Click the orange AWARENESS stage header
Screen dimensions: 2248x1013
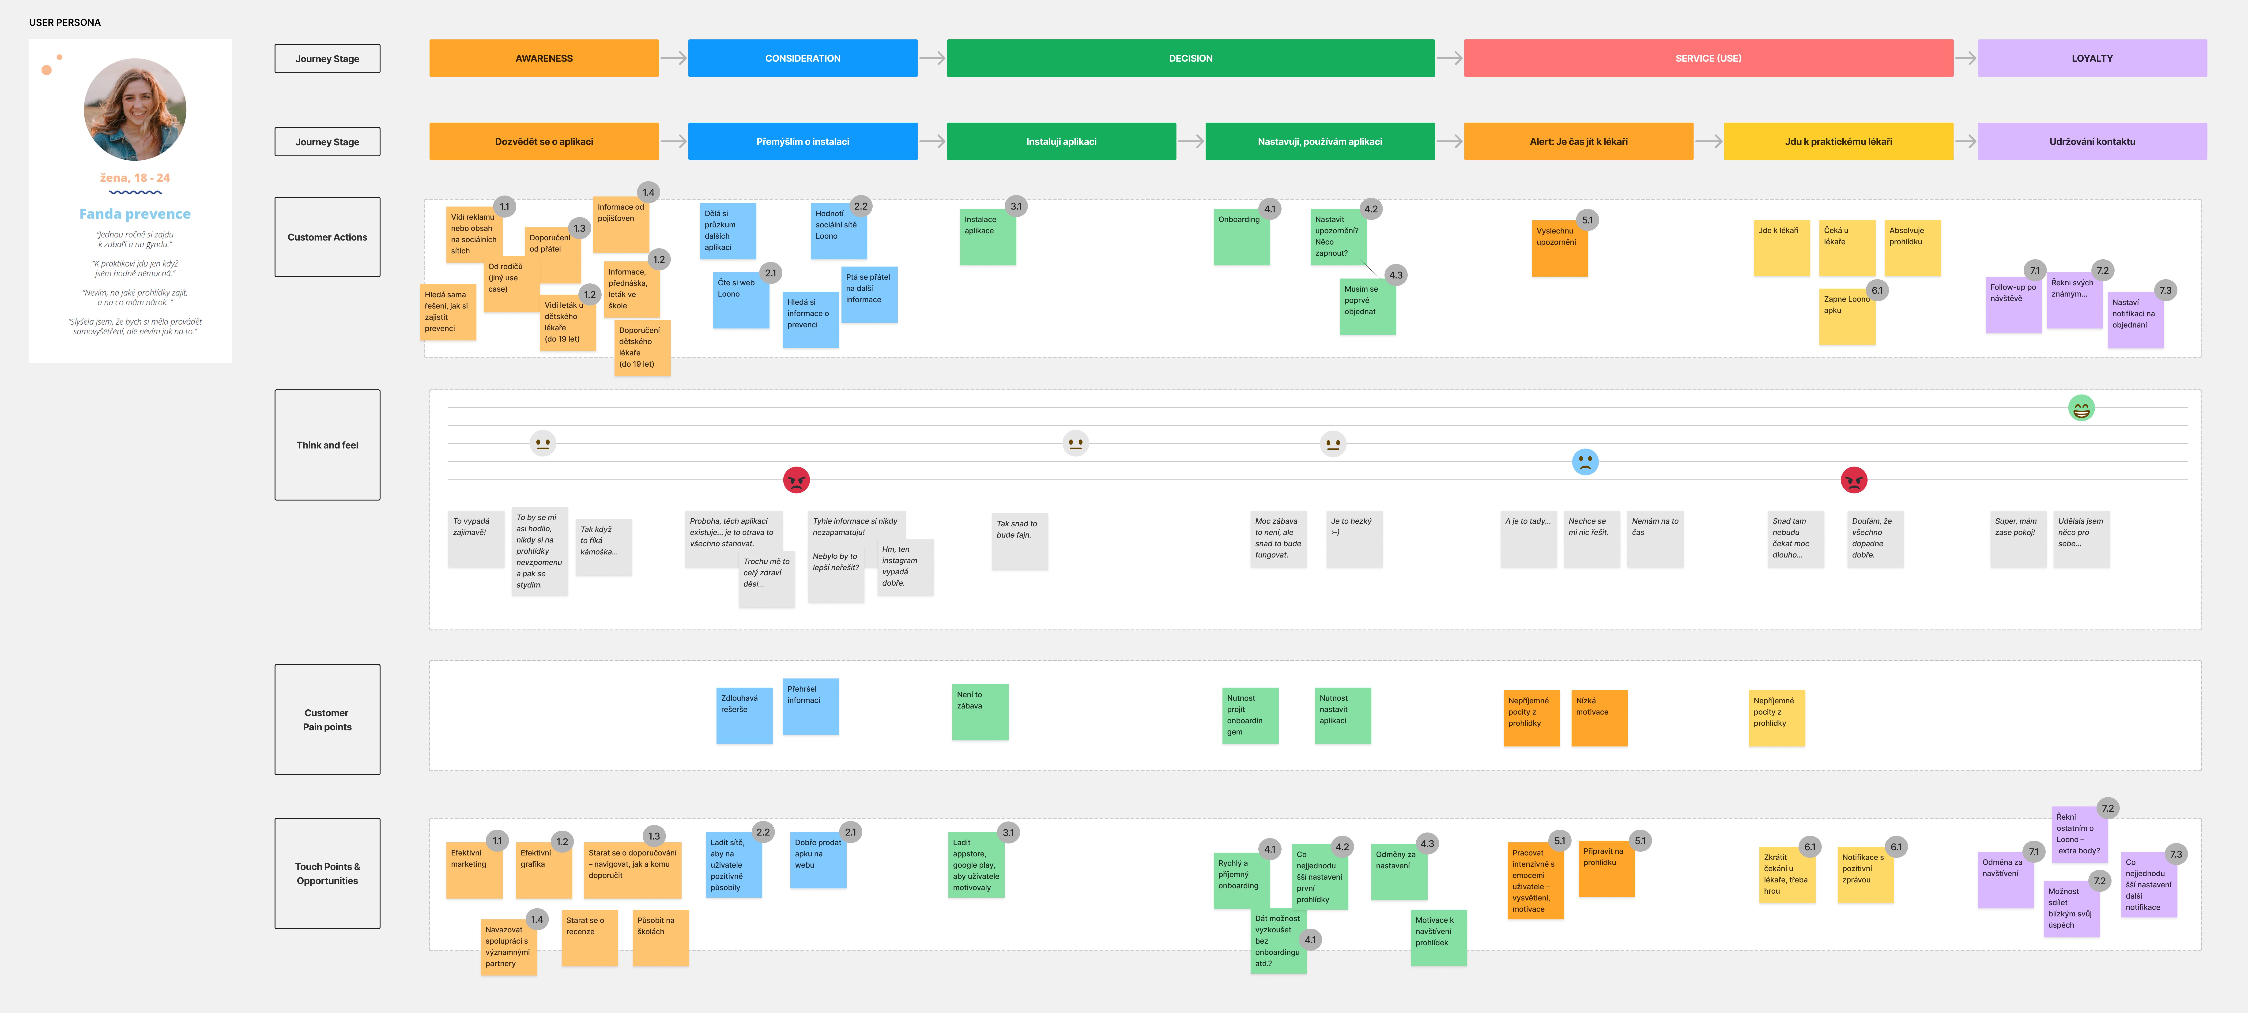coord(544,58)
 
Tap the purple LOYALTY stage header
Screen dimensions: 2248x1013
coord(2092,58)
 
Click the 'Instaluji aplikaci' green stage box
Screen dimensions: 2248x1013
coord(1061,141)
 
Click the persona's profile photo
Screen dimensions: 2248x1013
coord(135,109)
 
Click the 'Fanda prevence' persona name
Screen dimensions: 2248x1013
coord(135,214)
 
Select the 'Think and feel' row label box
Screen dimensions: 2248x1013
coord(327,445)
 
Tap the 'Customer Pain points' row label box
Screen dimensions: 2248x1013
coord(327,720)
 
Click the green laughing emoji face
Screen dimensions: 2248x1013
coord(2081,408)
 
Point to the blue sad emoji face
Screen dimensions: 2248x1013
coord(1585,462)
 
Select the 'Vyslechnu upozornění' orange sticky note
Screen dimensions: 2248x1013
coord(1559,249)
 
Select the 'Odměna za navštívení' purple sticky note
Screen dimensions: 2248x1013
coord(2005,880)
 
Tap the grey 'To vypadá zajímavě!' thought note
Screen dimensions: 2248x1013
coord(476,539)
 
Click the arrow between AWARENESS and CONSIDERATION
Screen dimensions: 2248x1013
coord(673,58)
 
